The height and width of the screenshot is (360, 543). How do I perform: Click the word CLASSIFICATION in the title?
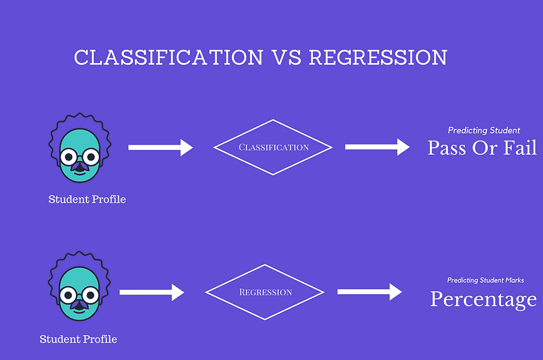point(168,58)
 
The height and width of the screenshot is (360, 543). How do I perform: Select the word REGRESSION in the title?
point(378,58)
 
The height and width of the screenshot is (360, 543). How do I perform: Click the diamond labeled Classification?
point(273,147)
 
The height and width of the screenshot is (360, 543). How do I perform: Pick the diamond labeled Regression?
point(265,292)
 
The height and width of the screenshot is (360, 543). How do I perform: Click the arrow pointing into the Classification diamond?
point(160,147)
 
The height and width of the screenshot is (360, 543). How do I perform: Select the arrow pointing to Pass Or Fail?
point(377,147)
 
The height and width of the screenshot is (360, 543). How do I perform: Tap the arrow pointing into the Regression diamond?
point(151,292)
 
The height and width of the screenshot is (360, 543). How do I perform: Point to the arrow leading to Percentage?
point(369,292)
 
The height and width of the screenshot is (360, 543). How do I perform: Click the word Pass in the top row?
point(447,148)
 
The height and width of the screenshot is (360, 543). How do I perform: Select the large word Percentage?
point(483,300)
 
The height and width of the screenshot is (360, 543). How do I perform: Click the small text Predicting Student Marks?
point(485,281)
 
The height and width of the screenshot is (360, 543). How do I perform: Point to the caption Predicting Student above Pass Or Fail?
point(484,131)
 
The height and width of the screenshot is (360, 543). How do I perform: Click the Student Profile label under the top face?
point(87,199)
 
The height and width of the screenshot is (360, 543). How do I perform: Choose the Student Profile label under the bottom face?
point(78,339)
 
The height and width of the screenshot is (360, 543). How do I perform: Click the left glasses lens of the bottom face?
point(69,294)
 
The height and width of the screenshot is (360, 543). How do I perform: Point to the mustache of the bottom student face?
point(80,305)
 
